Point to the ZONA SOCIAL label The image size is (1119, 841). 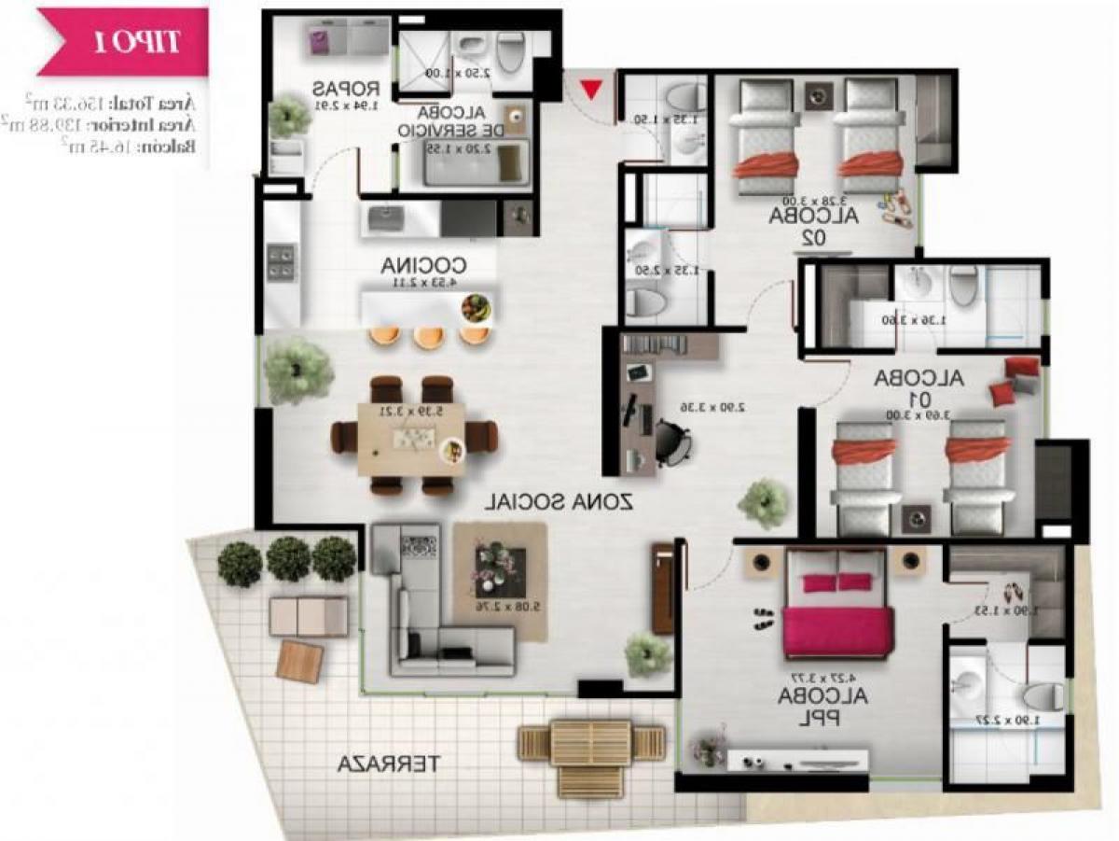[x=559, y=501]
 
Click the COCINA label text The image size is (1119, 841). [x=423, y=266]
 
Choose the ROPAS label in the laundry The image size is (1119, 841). [x=345, y=91]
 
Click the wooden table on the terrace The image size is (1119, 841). [x=592, y=744]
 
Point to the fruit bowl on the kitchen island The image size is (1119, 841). [x=478, y=307]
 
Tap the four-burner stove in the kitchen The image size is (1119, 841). [x=281, y=260]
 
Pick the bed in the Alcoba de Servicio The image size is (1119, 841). [x=476, y=164]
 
